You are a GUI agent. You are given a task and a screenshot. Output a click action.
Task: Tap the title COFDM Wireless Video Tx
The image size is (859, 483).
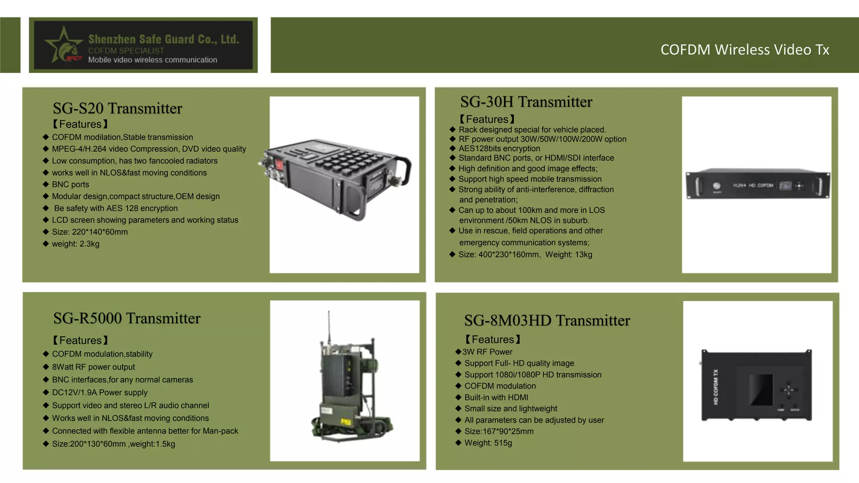(x=744, y=49)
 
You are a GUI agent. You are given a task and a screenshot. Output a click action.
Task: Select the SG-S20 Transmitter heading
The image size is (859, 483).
(x=117, y=108)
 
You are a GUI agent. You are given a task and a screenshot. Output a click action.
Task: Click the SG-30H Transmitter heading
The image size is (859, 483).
(x=526, y=102)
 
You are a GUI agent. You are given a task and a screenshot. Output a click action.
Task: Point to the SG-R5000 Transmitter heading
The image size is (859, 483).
(x=127, y=318)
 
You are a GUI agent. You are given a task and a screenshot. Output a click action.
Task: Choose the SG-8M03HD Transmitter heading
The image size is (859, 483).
(x=547, y=320)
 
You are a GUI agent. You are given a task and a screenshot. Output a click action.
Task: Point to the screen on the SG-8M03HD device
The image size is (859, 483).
(x=761, y=390)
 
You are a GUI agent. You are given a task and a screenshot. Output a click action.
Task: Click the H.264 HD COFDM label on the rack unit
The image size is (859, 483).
(x=753, y=185)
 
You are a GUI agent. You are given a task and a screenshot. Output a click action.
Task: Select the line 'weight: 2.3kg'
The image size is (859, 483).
(x=75, y=244)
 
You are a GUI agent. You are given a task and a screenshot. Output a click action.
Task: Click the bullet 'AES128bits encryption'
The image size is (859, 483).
(x=499, y=148)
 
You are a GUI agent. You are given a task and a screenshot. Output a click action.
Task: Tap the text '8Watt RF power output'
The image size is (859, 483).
(x=94, y=367)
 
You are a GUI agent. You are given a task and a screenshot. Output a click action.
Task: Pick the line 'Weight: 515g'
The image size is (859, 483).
(x=488, y=443)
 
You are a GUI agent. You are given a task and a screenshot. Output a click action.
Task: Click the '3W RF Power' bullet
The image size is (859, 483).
(x=487, y=352)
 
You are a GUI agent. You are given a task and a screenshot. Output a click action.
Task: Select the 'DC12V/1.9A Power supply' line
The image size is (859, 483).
(x=100, y=392)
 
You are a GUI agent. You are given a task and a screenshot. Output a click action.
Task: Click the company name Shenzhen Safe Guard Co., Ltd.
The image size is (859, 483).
(x=164, y=39)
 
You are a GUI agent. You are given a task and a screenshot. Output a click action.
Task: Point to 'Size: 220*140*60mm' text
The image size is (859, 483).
(x=90, y=232)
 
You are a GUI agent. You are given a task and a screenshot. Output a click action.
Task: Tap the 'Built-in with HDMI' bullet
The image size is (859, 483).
(x=496, y=397)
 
